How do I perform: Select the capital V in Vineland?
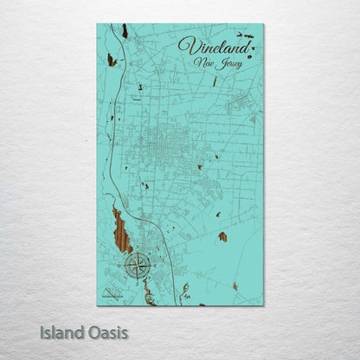(x=185, y=44)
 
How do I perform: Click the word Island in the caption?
(x=61, y=331)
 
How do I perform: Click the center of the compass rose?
(x=138, y=265)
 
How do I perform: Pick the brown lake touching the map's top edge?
(x=125, y=30)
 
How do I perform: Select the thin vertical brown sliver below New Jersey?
(x=215, y=81)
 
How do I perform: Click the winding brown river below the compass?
(x=149, y=294)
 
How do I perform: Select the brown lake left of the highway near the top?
(x=111, y=60)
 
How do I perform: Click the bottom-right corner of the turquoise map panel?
(x=263, y=305)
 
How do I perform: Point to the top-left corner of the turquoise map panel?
(x=97, y=24)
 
